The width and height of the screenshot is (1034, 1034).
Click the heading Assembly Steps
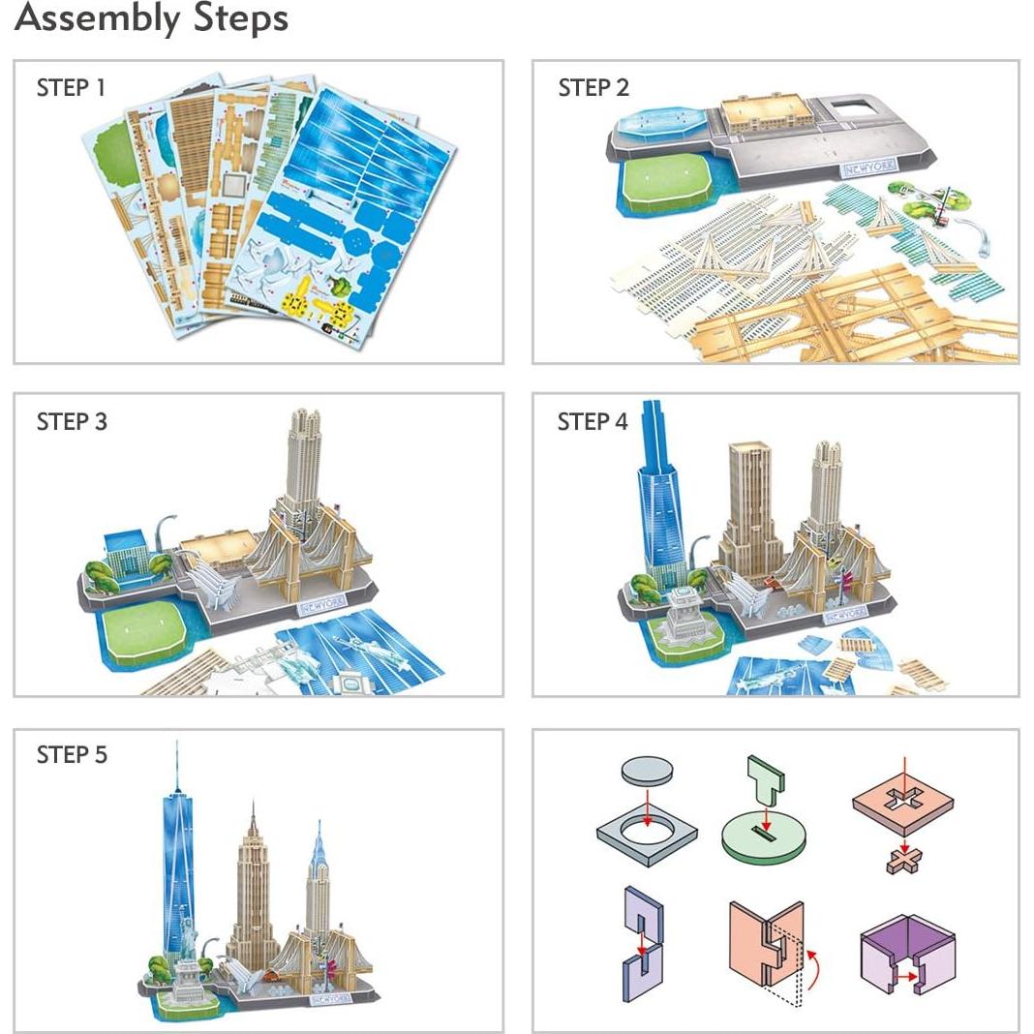[x=151, y=18]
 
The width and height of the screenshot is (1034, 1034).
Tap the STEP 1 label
[x=71, y=88]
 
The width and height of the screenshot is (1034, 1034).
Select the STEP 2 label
[x=593, y=88]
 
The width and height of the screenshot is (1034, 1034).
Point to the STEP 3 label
[x=72, y=422]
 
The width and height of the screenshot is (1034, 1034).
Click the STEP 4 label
[x=593, y=422]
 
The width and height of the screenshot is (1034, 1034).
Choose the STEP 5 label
[x=72, y=755]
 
